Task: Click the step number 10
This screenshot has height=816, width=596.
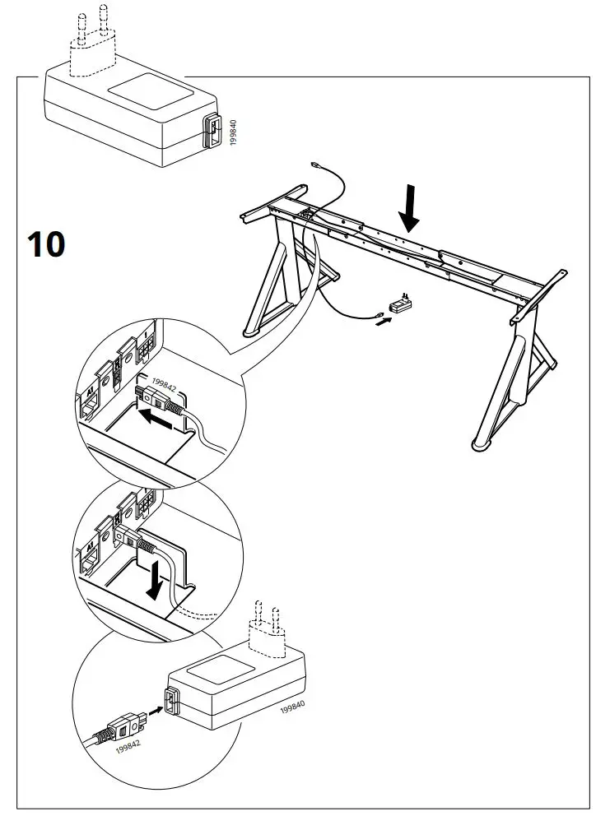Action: [x=46, y=244]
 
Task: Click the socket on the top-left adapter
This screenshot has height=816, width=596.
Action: [x=212, y=132]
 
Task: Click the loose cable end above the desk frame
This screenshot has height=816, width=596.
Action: [x=317, y=165]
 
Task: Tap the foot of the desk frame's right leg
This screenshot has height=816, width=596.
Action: [x=482, y=445]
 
